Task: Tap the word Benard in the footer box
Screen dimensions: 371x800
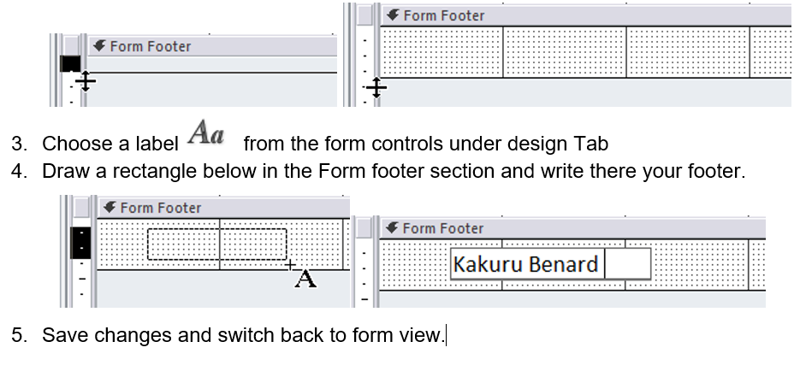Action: coord(561,264)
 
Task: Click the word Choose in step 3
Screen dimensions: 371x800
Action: coord(72,144)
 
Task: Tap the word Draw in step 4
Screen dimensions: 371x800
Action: coord(62,171)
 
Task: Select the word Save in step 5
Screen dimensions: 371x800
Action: coord(62,334)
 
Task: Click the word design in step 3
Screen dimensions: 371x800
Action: coord(535,144)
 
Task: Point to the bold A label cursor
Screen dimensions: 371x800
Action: coord(305,279)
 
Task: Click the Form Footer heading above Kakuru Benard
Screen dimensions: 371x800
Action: coord(442,228)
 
